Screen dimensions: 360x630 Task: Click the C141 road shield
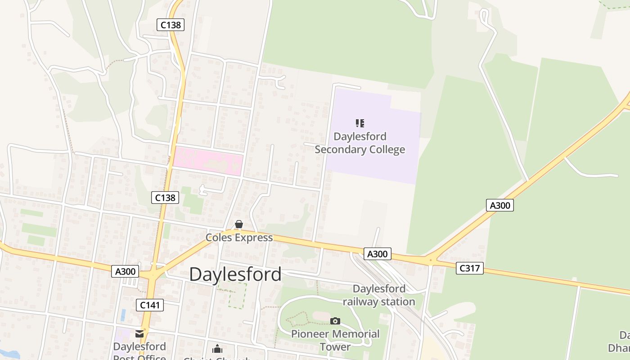(x=150, y=305)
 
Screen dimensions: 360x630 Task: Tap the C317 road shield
(x=470, y=268)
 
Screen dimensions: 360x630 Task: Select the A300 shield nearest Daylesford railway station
(x=377, y=254)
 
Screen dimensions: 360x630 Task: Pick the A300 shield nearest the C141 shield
(x=125, y=271)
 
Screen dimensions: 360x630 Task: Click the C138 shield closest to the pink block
(x=165, y=197)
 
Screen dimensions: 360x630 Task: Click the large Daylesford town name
(x=235, y=274)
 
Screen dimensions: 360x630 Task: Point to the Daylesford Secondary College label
(x=360, y=143)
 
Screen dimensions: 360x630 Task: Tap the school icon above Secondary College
(x=360, y=123)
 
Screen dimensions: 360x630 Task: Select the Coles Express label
(x=239, y=238)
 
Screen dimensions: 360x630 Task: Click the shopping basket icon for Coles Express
(x=239, y=224)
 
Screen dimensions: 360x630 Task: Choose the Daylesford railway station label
(x=379, y=295)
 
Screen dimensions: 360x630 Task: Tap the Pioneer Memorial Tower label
(x=335, y=340)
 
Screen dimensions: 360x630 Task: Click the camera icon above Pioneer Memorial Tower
(x=335, y=321)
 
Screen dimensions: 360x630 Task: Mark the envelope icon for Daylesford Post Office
(x=139, y=334)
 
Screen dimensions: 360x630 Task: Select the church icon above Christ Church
(x=217, y=349)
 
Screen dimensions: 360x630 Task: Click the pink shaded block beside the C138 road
(x=208, y=161)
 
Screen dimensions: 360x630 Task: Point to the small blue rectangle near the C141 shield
(x=123, y=315)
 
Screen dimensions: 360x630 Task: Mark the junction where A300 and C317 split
(x=430, y=260)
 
